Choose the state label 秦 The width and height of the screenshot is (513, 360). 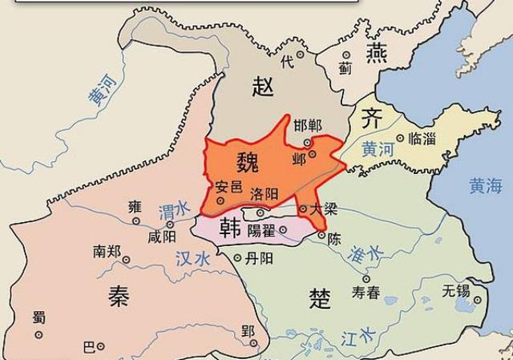tap(117, 298)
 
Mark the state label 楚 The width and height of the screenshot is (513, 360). tap(320, 298)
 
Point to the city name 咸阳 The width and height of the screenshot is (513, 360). tap(160, 238)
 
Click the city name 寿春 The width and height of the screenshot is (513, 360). tap(366, 293)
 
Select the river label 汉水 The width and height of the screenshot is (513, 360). tap(192, 259)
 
